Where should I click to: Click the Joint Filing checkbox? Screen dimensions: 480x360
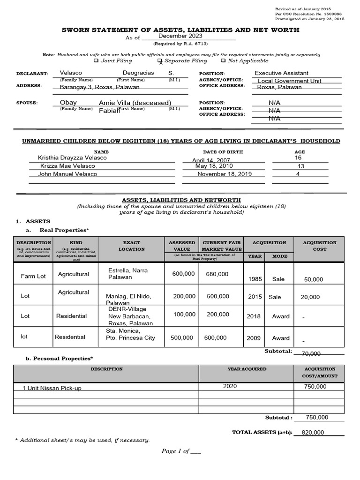pos(96,61)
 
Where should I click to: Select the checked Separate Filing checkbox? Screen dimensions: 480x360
pos(160,61)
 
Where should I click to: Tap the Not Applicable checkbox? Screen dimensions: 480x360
pos(223,61)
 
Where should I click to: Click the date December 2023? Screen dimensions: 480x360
pos(180,36)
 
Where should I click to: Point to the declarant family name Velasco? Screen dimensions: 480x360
pos(71,73)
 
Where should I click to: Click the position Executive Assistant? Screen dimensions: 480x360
pos(281,73)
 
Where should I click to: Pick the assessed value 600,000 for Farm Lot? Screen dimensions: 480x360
pos(183,274)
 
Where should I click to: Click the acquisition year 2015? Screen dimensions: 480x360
pos(255,297)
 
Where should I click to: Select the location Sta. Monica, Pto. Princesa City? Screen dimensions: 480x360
pos(130,334)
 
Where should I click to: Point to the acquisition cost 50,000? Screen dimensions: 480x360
pos(314,279)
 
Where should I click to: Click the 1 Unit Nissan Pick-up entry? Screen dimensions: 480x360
pos(46,389)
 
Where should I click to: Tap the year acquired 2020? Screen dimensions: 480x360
pos(230,386)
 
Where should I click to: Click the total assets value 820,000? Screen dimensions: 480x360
pos(313,433)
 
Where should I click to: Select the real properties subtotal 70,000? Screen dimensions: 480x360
pos(311,354)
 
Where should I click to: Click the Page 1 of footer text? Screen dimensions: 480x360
pos(181,451)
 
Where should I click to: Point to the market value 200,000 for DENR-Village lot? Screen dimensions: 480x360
pos(218,314)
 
